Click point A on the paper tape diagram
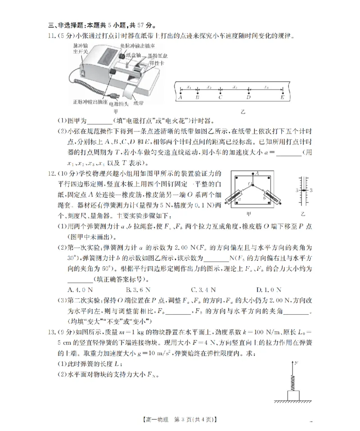(180, 93)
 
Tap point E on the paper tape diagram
(282, 93)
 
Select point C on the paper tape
(220, 93)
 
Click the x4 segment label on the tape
(266, 86)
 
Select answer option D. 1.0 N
(269, 289)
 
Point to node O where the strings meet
(253, 185)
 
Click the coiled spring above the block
(293, 382)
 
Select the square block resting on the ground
(293, 395)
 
